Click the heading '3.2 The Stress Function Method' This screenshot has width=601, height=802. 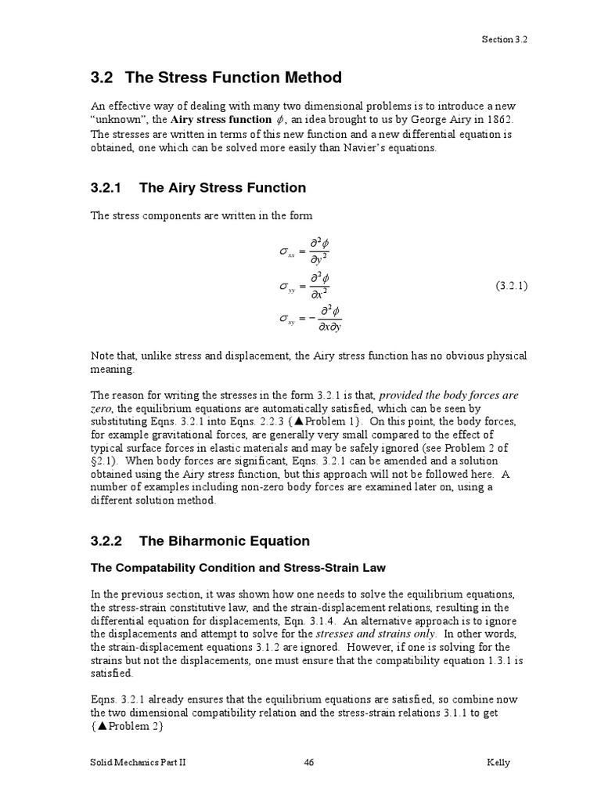(x=217, y=78)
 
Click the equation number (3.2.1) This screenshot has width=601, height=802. (x=511, y=286)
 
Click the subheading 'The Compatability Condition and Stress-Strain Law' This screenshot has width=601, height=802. (x=239, y=567)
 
